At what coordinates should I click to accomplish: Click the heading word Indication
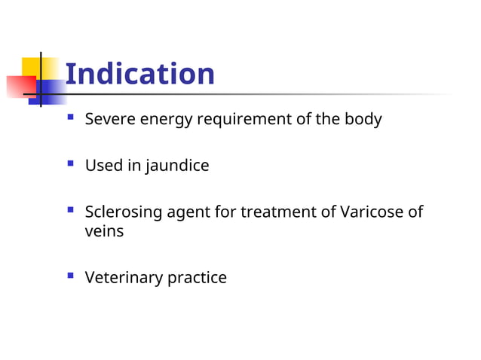(139, 74)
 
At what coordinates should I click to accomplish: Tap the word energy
(163, 120)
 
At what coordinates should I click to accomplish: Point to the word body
(363, 119)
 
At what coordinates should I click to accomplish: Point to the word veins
(104, 231)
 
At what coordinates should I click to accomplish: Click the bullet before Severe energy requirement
(70, 118)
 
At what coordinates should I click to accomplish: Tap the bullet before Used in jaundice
(70, 164)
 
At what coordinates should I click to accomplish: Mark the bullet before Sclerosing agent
(70, 212)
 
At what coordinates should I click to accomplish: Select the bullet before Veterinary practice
(70, 276)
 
